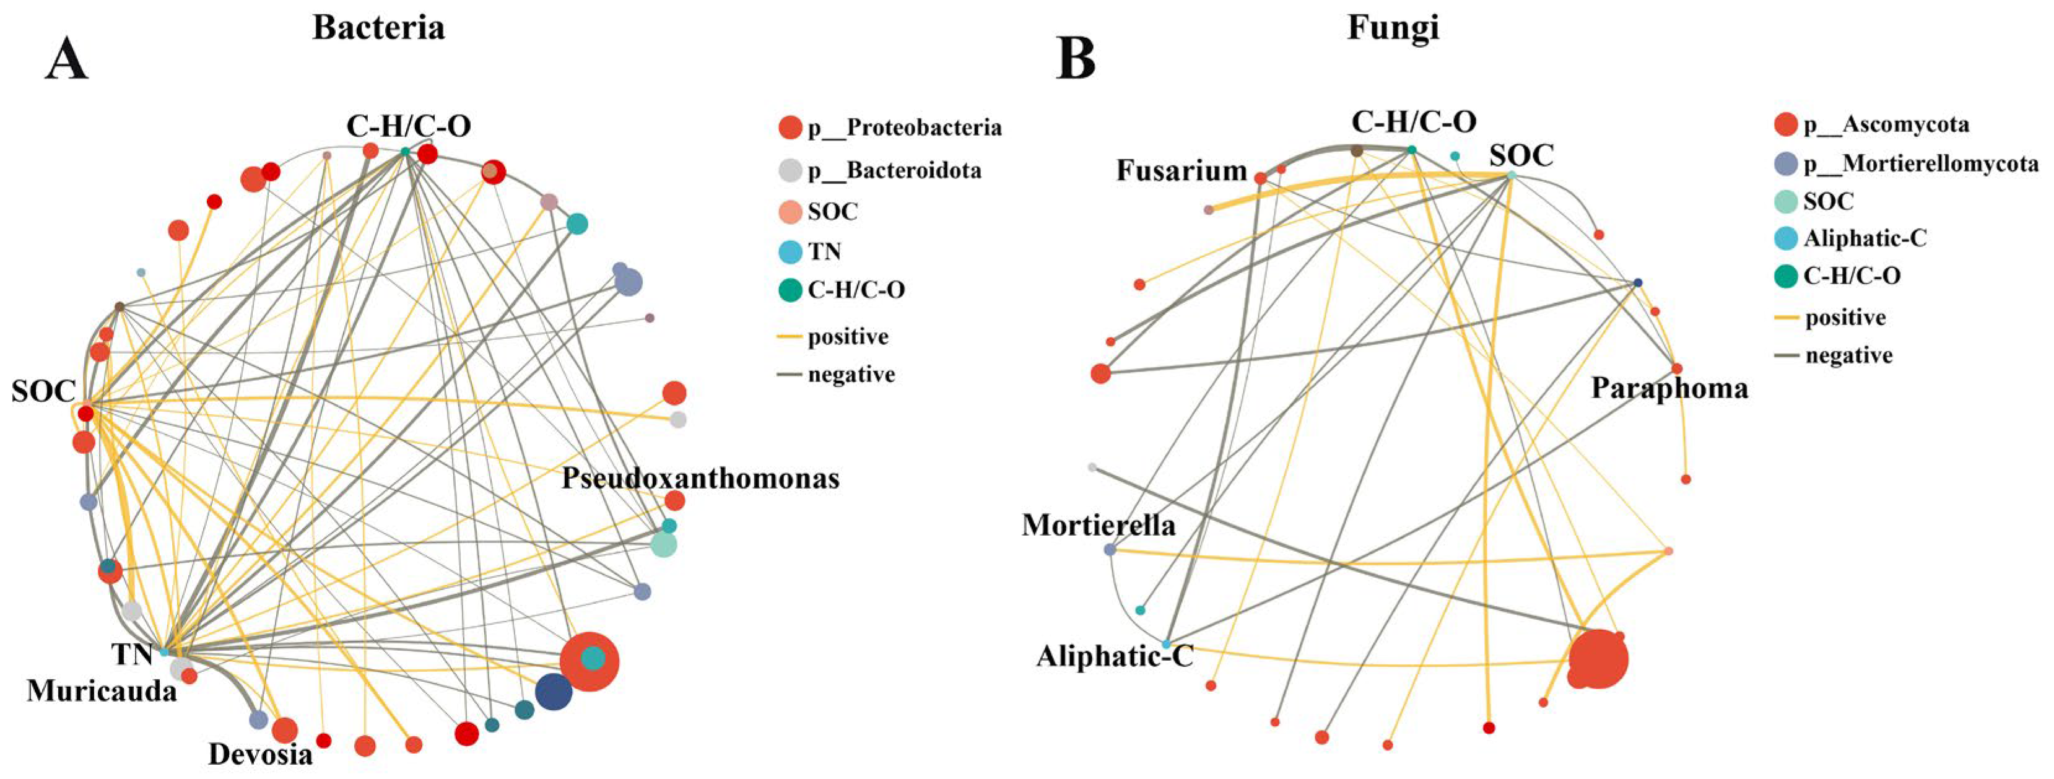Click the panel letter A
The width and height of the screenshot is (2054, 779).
click(x=66, y=61)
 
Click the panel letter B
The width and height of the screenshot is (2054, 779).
click(x=1076, y=59)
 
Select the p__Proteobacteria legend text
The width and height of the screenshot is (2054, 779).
click(x=904, y=128)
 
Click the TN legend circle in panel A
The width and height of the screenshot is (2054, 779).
click(x=790, y=252)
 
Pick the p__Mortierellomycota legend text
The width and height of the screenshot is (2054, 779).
click(x=1921, y=164)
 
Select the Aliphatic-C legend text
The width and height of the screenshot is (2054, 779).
click(x=1865, y=238)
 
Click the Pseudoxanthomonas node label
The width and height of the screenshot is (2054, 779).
click(x=700, y=479)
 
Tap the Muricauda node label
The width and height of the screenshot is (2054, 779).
click(x=102, y=690)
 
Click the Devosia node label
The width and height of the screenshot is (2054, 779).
click(x=260, y=754)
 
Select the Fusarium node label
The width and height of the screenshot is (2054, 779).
click(x=1181, y=170)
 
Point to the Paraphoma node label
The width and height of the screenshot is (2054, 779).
click(x=1669, y=388)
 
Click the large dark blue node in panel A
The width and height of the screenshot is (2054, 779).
click(x=554, y=691)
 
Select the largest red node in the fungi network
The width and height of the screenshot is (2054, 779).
click(x=1598, y=659)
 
